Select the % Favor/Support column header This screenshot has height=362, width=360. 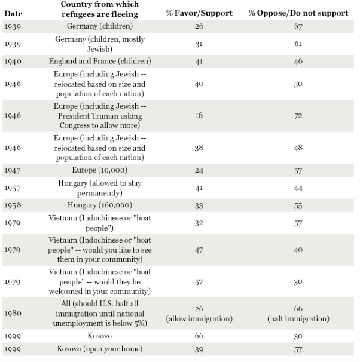[199, 13]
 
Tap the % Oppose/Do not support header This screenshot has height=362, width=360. [297, 13]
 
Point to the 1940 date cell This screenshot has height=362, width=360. [12, 61]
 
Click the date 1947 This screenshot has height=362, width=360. [12, 170]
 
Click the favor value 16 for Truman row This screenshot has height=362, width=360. [199, 115]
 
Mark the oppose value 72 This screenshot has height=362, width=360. [298, 115]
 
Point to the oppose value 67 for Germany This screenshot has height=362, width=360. [298, 27]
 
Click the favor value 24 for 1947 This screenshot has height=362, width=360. [199, 170]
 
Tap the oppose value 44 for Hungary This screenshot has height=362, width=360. [298, 188]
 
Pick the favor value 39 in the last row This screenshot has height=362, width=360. [199, 348]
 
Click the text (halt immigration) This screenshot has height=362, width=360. [298, 318]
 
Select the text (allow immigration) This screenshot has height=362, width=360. [199, 318]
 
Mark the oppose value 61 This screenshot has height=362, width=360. [298, 44]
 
